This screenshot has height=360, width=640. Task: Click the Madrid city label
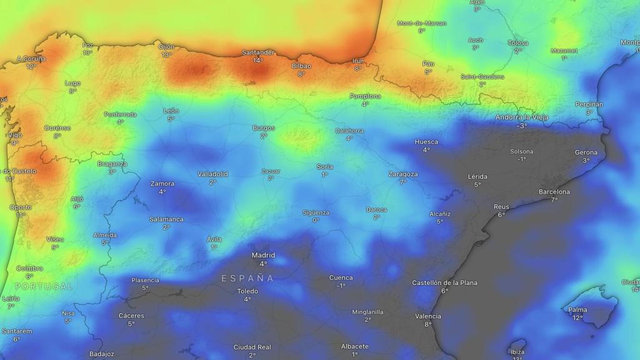point(263,255)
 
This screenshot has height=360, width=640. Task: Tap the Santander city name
point(258,52)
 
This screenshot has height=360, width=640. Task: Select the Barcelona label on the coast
point(554,192)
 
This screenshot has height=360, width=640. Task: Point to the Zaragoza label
point(402,174)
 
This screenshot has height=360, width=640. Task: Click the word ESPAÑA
point(247,278)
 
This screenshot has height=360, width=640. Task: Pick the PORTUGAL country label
point(44,286)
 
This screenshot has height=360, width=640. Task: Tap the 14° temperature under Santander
point(258,61)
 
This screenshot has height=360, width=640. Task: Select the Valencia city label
point(428,316)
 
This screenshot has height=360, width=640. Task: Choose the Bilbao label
point(301,66)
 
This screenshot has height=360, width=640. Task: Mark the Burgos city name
point(264,128)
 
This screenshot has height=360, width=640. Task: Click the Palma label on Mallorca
point(577,310)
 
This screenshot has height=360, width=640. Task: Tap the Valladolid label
point(212,174)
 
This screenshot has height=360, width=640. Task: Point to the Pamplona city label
point(365,96)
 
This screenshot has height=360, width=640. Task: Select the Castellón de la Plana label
point(444,283)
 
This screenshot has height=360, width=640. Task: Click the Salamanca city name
point(166,219)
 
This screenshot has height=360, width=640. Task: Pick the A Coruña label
point(31,59)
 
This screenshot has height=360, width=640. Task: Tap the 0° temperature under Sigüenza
point(316,220)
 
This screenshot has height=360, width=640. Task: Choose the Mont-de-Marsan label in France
point(422,23)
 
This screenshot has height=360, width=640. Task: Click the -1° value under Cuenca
point(341,286)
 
